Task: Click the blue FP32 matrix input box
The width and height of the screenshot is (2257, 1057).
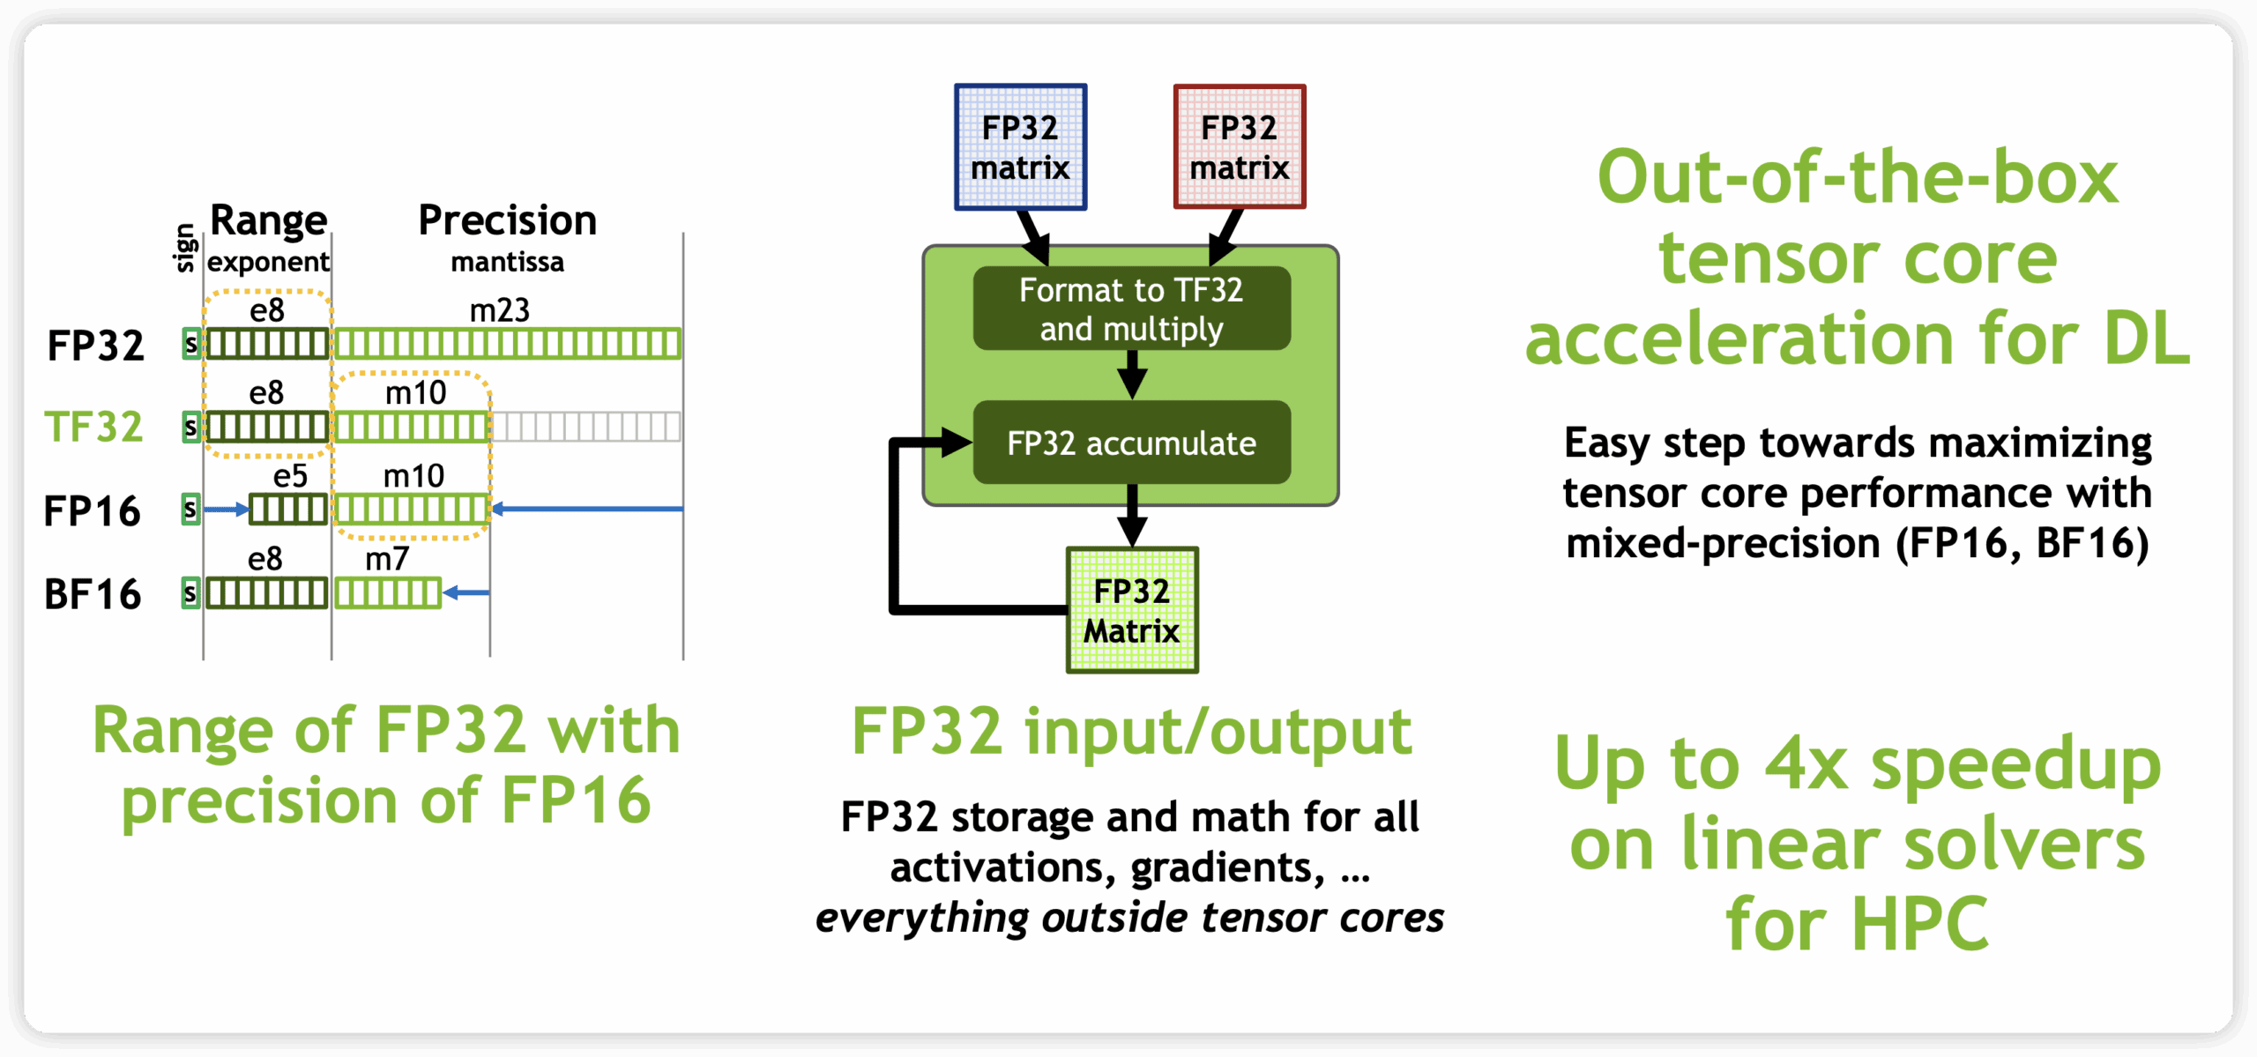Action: [1020, 146]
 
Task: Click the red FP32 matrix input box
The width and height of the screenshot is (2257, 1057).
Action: [1239, 146]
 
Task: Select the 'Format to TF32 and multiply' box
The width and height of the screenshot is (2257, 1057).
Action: [1131, 309]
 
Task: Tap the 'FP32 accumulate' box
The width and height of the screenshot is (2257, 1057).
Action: [1131, 443]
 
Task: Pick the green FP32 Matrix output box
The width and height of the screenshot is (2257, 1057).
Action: [1132, 610]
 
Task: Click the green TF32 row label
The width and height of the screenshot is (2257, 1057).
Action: [93, 427]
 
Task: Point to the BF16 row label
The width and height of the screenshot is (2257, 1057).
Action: [93, 594]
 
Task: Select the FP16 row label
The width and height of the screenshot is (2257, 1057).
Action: [93, 510]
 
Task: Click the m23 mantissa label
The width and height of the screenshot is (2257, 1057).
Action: [499, 310]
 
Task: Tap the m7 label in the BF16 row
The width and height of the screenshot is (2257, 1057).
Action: [387, 559]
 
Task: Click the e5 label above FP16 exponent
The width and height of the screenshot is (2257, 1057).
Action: [290, 476]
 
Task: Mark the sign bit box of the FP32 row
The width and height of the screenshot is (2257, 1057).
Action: [191, 343]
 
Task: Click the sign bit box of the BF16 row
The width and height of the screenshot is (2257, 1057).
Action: [190, 592]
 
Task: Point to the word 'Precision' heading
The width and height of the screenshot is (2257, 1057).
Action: [508, 220]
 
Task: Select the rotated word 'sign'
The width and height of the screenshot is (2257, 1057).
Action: [186, 248]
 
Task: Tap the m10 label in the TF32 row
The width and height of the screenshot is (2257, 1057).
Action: [415, 393]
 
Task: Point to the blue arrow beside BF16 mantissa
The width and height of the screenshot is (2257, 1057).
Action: [466, 592]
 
